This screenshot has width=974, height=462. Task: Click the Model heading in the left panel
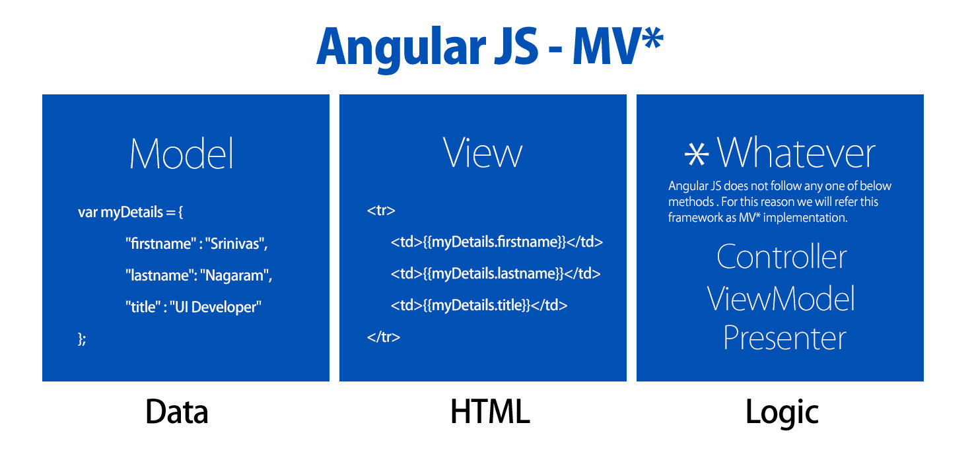point(182,153)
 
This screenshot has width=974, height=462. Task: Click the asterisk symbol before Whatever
point(697,154)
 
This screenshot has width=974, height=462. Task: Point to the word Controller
point(781,257)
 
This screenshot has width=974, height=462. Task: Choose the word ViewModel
point(781,298)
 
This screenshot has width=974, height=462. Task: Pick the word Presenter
point(785,338)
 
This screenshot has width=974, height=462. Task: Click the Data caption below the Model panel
point(176,411)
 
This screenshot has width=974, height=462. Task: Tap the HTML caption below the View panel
point(490,411)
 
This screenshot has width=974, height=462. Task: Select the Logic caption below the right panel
point(782,413)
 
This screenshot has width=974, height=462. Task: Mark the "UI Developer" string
point(216,307)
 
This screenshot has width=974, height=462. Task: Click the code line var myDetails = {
point(131,212)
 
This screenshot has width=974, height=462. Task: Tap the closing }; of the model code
point(82,339)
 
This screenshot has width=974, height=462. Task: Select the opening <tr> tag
point(381,211)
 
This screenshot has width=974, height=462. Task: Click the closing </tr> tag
point(384,337)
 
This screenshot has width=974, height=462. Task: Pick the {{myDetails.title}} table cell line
point(479,305)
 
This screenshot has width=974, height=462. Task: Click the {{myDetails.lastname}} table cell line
point(495,273)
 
